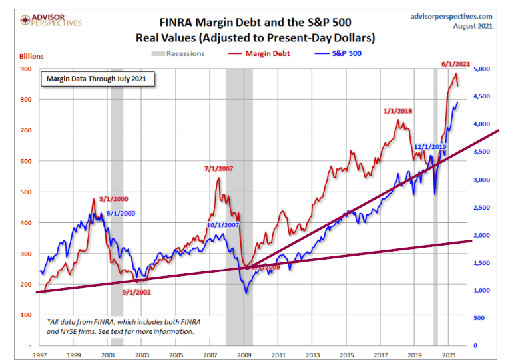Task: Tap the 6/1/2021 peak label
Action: (x=456, y=64)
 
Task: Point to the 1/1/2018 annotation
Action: (x=398, y=111)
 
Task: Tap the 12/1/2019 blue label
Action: (x=430, y=146)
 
